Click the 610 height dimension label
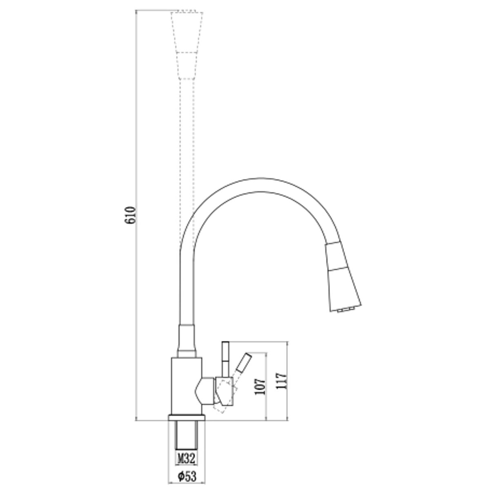(130, 215)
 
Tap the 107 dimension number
(260, 391)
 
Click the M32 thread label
(186, 452)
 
